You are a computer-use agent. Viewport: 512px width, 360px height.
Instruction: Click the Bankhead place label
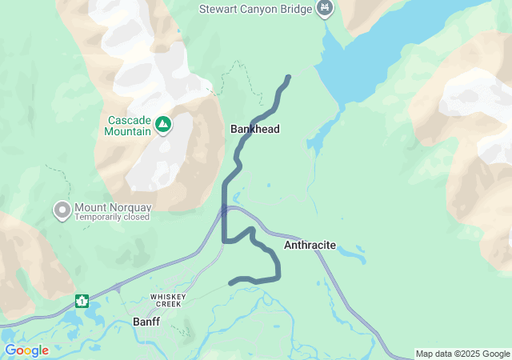(x=254, y=129)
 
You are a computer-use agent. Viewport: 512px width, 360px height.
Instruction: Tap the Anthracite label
(x=310, y=246)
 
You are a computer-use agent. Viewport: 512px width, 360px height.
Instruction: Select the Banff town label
(x=146, y=322)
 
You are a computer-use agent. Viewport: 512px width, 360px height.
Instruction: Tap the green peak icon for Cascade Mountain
(x=163, y=124)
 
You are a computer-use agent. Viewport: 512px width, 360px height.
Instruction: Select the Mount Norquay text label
(x=113, y=207)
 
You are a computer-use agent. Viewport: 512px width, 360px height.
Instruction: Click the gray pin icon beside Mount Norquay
(x=62, y=210)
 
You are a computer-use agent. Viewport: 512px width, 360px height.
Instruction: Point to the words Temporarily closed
(x=113, y=218)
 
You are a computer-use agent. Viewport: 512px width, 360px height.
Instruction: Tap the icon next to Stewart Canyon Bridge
(x=325, y=9)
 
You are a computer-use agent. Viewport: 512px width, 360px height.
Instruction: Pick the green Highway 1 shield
(x=82, y=301)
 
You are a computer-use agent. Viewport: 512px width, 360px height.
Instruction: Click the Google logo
(x=26, y=350)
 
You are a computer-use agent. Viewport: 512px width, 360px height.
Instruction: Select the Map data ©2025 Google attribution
(x=462, y=354)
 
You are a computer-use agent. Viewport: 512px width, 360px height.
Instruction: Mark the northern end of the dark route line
(x=288, y=77)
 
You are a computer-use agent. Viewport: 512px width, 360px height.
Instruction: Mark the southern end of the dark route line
(x=231, y=282)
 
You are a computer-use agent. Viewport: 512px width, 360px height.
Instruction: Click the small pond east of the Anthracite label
(x=352, y=256)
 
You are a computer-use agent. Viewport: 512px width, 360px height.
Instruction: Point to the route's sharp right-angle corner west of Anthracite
(x=224, y=240)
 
